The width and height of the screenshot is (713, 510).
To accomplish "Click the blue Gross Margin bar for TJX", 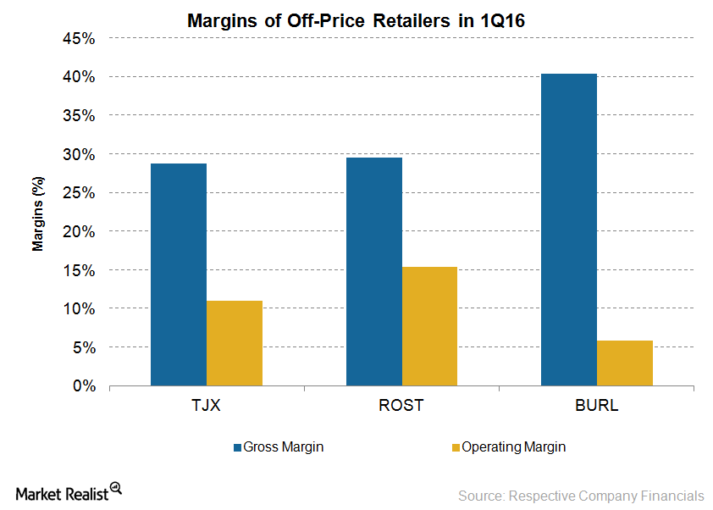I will coord(178,274).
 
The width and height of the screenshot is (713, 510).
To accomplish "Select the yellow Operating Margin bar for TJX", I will coord(234,343).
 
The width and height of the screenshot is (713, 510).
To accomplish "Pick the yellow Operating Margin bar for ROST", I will coord(429,326).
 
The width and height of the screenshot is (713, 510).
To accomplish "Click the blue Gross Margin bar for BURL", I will coord(568,230).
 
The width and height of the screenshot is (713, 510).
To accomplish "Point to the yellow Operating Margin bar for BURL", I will coord(624,363).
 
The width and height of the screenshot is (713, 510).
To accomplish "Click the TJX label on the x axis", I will coord(206,405).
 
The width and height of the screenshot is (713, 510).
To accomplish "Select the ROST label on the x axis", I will coord(401,405).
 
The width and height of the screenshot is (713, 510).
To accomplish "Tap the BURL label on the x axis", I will coord(596,405).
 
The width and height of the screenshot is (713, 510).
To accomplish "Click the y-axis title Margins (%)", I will coord(38,212).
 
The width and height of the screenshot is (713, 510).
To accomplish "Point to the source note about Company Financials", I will coord(581,495).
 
